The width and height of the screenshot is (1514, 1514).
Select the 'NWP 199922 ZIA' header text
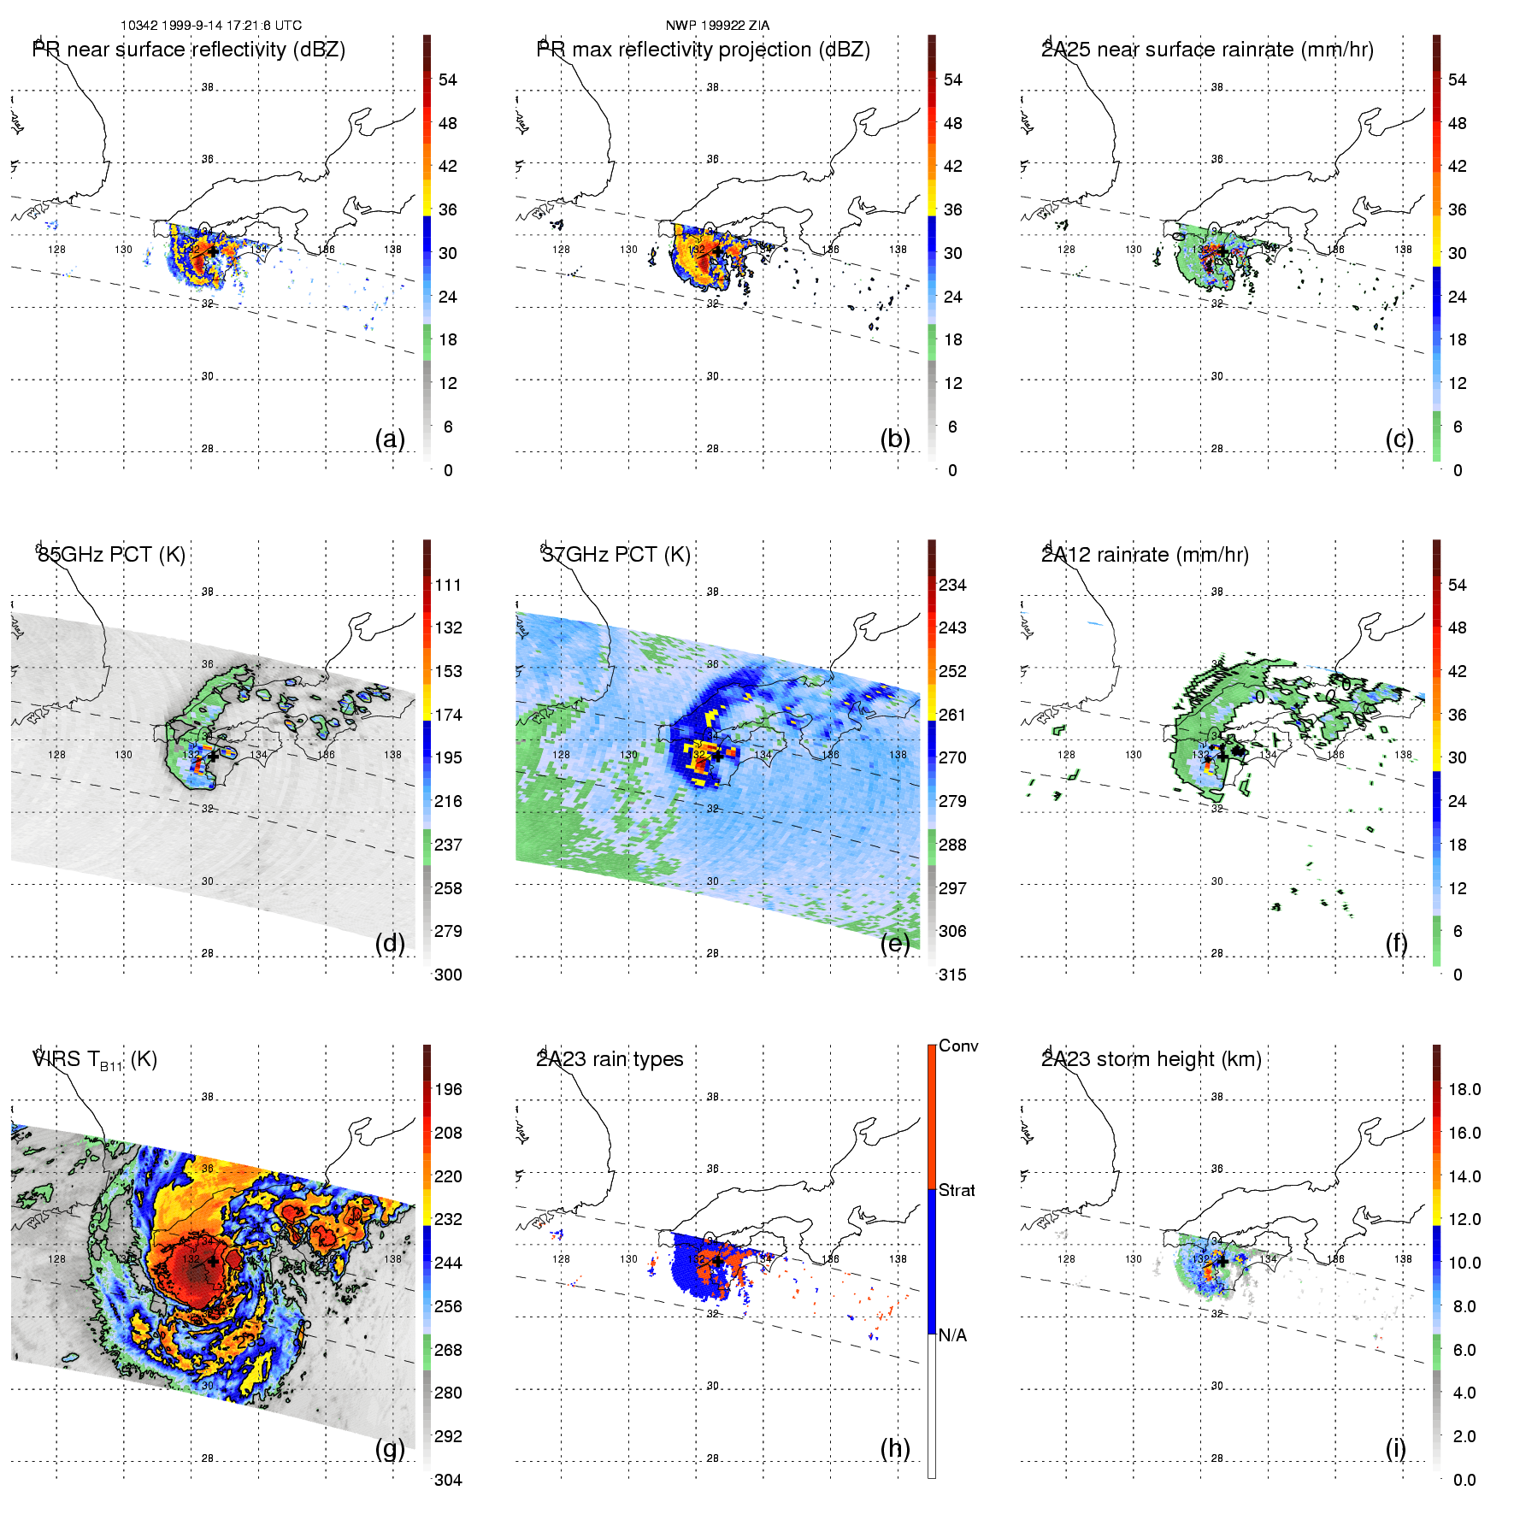717,26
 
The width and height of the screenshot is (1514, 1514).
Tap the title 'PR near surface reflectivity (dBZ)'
189,50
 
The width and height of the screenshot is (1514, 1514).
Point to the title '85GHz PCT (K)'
111,555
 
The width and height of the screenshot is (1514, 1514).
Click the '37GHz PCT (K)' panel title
616,555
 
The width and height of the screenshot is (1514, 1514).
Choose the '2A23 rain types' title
610,1059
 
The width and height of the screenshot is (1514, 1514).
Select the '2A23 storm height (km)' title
1152,1059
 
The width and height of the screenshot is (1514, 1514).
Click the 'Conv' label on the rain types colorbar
958,1046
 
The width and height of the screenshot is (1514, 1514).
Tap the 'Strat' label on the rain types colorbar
957,1190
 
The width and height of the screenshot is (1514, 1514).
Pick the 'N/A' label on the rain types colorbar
952,1335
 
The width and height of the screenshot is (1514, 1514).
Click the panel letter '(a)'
390,439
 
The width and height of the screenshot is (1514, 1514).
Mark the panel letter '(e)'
895,944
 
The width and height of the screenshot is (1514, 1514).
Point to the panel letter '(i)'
1395,1448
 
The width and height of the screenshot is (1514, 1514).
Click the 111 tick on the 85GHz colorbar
448,585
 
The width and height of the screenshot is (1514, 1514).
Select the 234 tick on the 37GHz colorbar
952,585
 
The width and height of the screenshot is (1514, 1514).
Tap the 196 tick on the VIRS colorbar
448,1089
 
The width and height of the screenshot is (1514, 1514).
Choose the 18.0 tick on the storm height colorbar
1464,1089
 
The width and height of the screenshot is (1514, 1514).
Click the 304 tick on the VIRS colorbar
448,1480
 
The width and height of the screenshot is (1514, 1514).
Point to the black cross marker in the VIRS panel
213,1261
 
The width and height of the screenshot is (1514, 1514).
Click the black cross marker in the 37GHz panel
717,756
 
